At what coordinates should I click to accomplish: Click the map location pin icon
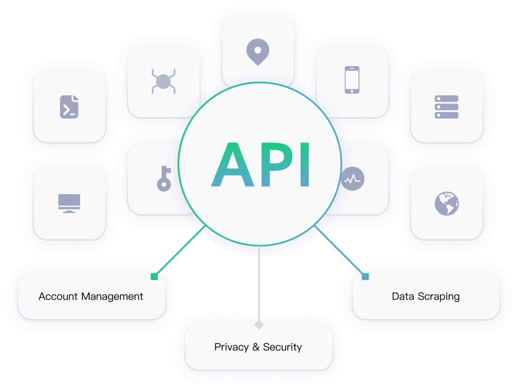coord(258,51)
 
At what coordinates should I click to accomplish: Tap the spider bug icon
coord(163,81)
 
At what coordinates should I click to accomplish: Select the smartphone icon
coord(352,79)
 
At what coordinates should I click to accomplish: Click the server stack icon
coord(446,107)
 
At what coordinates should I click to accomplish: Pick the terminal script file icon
coord(69,107)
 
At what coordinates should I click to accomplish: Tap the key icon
coord(164,178)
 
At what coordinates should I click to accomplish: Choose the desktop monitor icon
coord(69,203)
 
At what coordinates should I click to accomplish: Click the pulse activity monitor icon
coord(352,179)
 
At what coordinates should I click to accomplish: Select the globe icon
coord(446,203)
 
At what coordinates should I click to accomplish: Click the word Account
coord(58,296)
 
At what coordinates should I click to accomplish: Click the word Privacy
coord(231,347)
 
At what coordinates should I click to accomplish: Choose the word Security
coord(282,347)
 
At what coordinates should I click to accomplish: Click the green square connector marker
coord(154,277)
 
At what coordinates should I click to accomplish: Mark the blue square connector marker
coord(365,277)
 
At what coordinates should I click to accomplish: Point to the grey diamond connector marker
coord(259,325)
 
